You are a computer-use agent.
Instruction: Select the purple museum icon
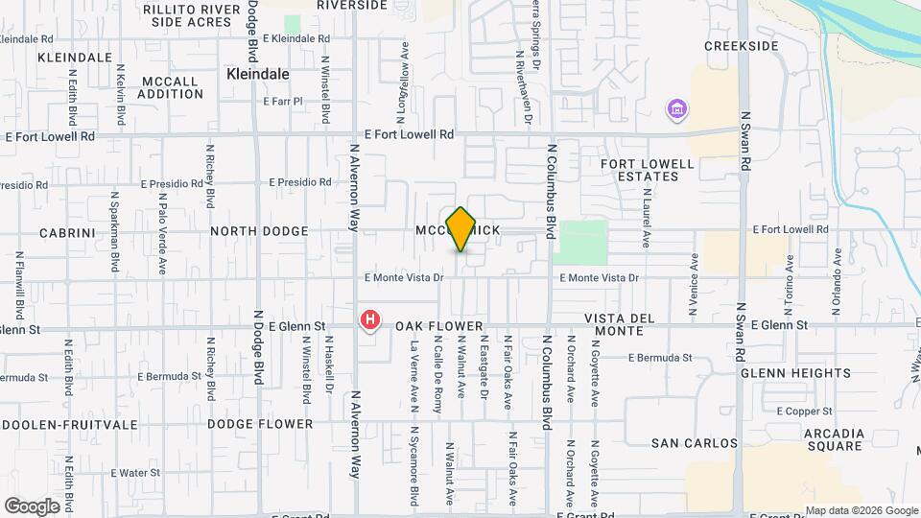pos(677,109)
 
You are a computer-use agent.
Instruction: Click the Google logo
pos(32,506)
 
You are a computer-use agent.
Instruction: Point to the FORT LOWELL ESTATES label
pos(647,171)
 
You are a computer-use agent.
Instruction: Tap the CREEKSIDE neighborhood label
pos(740,45)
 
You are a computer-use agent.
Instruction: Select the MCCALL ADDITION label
pos(170,87)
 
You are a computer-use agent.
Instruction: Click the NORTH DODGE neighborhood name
pos(259,231)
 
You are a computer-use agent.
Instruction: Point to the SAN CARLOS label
pos(695,443)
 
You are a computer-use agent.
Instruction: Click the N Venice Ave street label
pos(693,286)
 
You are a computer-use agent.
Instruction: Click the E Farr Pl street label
pos(282,101)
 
